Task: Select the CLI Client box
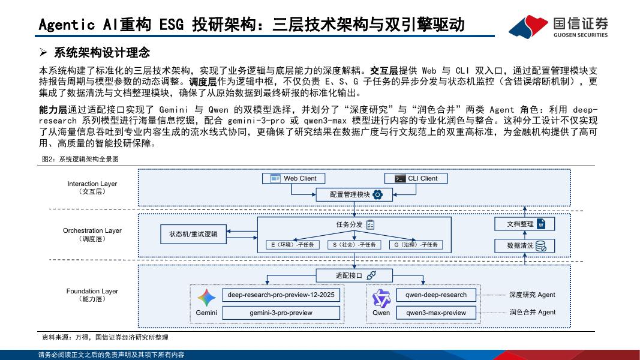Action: [x=416, y=178]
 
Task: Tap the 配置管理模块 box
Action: [x=354, y=194]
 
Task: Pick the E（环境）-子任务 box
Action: [x=293, y=245]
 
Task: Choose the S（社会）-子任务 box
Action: [x=354, y=245]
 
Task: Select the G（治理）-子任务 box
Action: [x=415, y=245]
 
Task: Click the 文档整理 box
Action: [x=524, y=224]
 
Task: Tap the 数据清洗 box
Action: [x=524, y=245]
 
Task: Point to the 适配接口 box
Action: [x=354, y=275]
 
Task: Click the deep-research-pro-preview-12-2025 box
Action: [x=281, y=295]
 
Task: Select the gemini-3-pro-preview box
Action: [x=281, y=313]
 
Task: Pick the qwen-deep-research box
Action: [x=436, y=295]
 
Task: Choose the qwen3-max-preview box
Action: [x=436, y=313]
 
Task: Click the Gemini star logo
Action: [x=206, y=298]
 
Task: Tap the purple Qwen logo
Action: [x=381, y=298]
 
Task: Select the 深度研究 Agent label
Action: [x=532, y=295]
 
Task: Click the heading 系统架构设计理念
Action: [x=101, y=52]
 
